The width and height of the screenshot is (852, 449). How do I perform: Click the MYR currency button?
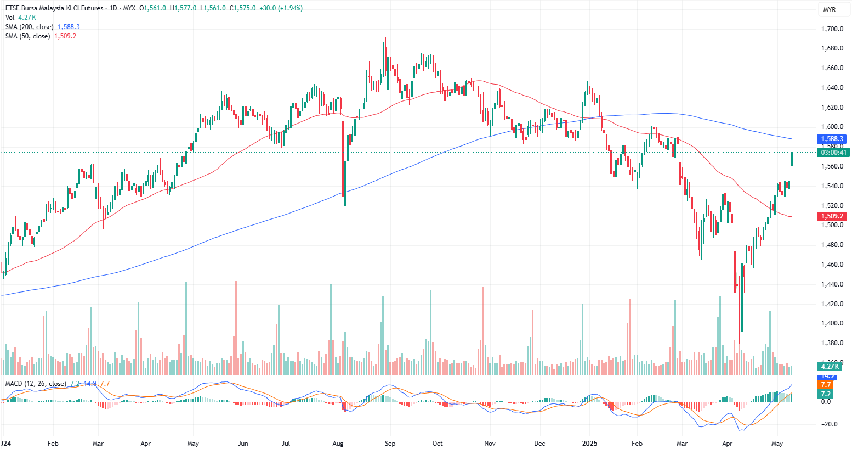point(829,10)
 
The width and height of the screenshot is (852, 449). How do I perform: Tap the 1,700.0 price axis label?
point(832,29)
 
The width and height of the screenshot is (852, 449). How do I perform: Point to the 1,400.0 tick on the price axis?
point(832,323)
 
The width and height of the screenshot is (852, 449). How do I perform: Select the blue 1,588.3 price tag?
point(832,139)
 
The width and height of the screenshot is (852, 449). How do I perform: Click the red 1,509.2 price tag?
point(832,216)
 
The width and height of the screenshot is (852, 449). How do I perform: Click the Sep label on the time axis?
point(390,443)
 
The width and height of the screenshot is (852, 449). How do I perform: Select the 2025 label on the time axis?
point(589,443)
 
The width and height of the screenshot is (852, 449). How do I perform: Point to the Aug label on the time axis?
point(338,443)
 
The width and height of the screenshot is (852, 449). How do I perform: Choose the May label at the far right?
point(777,443)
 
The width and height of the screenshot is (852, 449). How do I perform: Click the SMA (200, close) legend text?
point(30,27)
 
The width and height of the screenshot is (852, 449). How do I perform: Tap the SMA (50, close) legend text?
point(27,36)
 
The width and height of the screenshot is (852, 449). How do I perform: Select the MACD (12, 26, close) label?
point(36,384)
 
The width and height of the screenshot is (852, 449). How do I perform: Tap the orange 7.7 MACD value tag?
point(826,385)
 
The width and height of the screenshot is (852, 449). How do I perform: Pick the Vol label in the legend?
point(10,18)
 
